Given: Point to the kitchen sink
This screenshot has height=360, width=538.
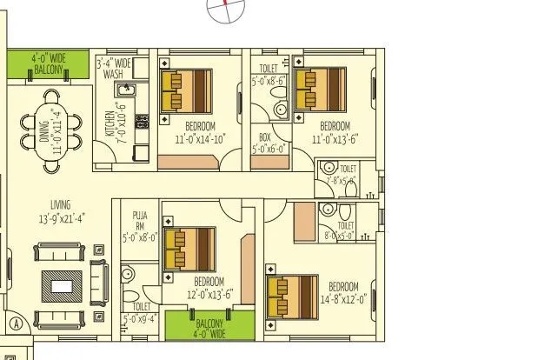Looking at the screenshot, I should pyautogui.click(x=128, y=90).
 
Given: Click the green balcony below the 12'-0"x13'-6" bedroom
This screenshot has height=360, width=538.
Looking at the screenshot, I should pyautogui.click(x=209, y=325).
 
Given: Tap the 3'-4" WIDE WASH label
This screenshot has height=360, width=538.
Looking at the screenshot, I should pyautogui.click(x=114, y=69).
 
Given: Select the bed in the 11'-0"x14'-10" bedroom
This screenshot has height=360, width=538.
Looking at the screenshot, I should pyautogui.click(x=186, y=90).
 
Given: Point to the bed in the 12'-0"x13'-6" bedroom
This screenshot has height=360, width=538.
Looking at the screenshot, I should pyautogui.click(x=189, y=247).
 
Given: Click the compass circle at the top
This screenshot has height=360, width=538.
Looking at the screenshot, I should pyautogui.click(x=228, y=7).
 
